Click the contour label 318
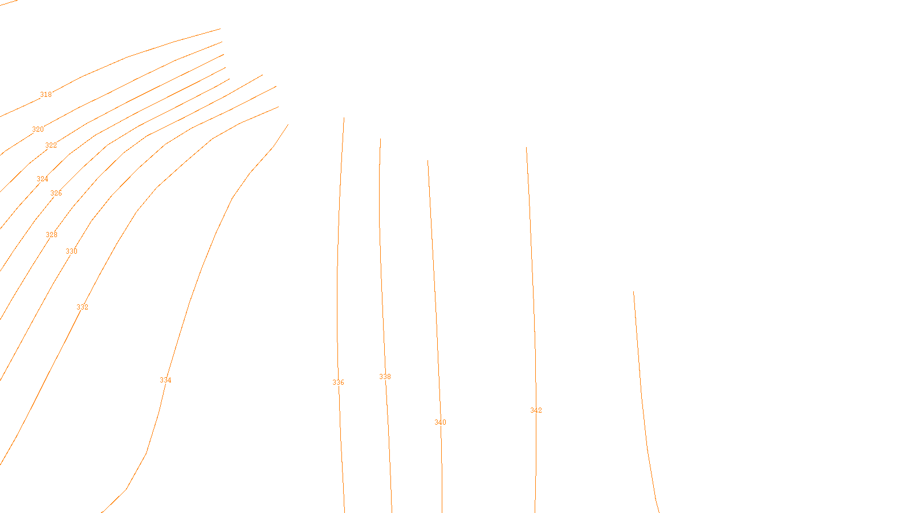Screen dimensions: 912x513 46,95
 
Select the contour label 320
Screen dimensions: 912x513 38,129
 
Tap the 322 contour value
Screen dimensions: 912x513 51,145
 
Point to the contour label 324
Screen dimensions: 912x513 42,179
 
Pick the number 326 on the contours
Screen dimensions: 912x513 56,193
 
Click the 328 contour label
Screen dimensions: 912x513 51,235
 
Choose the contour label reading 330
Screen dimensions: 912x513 71,251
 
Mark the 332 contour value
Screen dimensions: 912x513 82,307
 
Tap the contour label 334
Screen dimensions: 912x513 165,380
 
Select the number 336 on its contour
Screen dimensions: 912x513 338,382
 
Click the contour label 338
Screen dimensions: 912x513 385,377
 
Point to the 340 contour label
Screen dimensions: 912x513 440,422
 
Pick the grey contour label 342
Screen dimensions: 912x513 536,410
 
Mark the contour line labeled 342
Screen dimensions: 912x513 533,285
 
